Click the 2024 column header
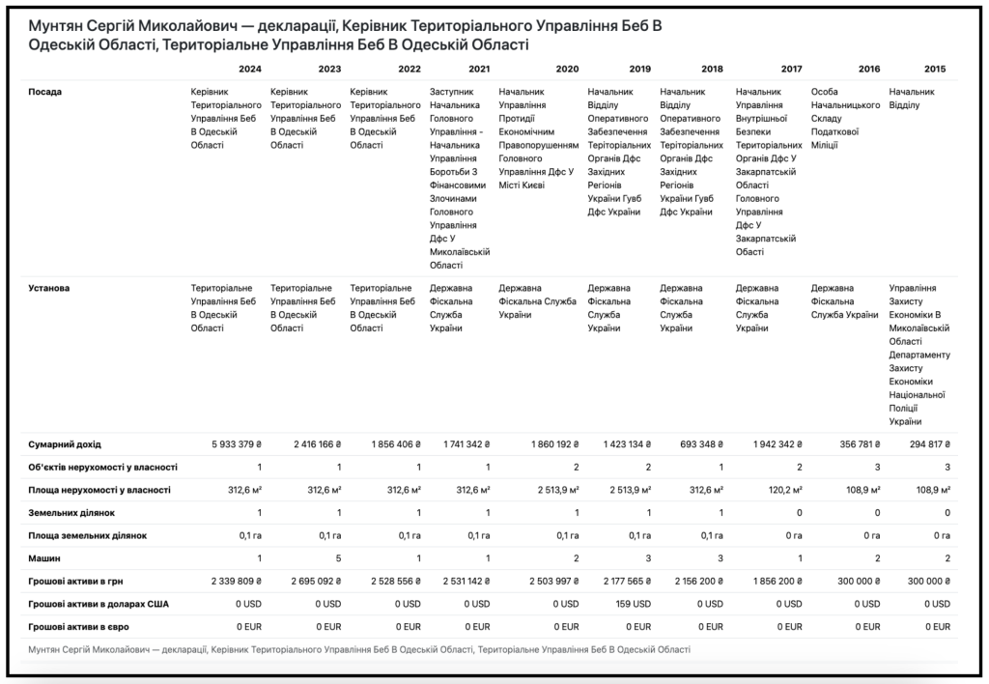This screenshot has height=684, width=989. click(250, 69)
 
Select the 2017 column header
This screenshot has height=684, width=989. click(791, 69)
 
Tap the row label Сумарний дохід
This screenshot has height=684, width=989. click(65, 444)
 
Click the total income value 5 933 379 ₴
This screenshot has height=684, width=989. click(237, 444)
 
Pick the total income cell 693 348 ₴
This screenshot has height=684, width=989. click(701, 444)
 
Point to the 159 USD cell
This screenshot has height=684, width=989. click(634, 604)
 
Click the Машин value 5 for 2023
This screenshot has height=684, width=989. click(339, 558)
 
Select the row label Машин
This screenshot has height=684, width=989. click(44, 558)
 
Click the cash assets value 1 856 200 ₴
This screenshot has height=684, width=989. click(777, 582)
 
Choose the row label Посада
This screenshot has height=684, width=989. click(44, 92)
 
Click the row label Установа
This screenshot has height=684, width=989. click(49, 288)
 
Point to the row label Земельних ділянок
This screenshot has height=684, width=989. click(71, 513)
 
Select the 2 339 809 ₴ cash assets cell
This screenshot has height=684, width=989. click(237, 582)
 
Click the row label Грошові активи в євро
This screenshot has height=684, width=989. click(79, 627)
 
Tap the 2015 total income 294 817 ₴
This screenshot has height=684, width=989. click(930, 444)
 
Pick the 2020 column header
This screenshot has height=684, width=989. click(567, 69)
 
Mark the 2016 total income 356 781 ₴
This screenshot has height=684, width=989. click(860, 444)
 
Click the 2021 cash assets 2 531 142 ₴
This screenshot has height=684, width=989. click(466, 582)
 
